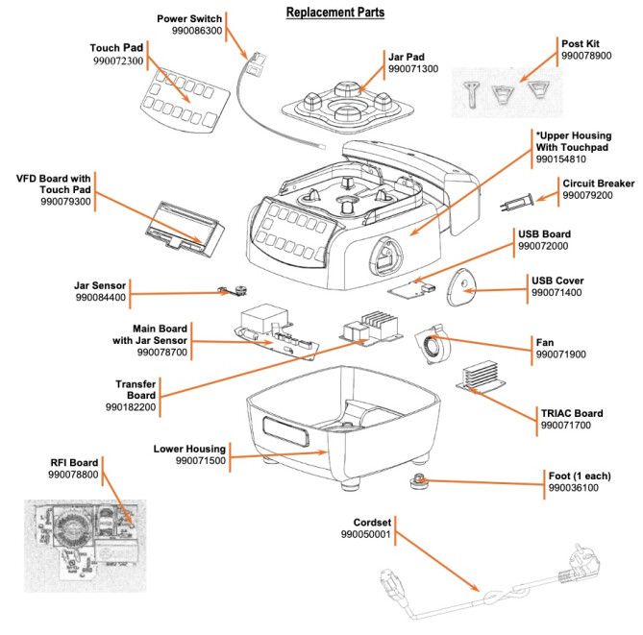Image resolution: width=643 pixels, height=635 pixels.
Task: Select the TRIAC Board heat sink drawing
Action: coord(483,378)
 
